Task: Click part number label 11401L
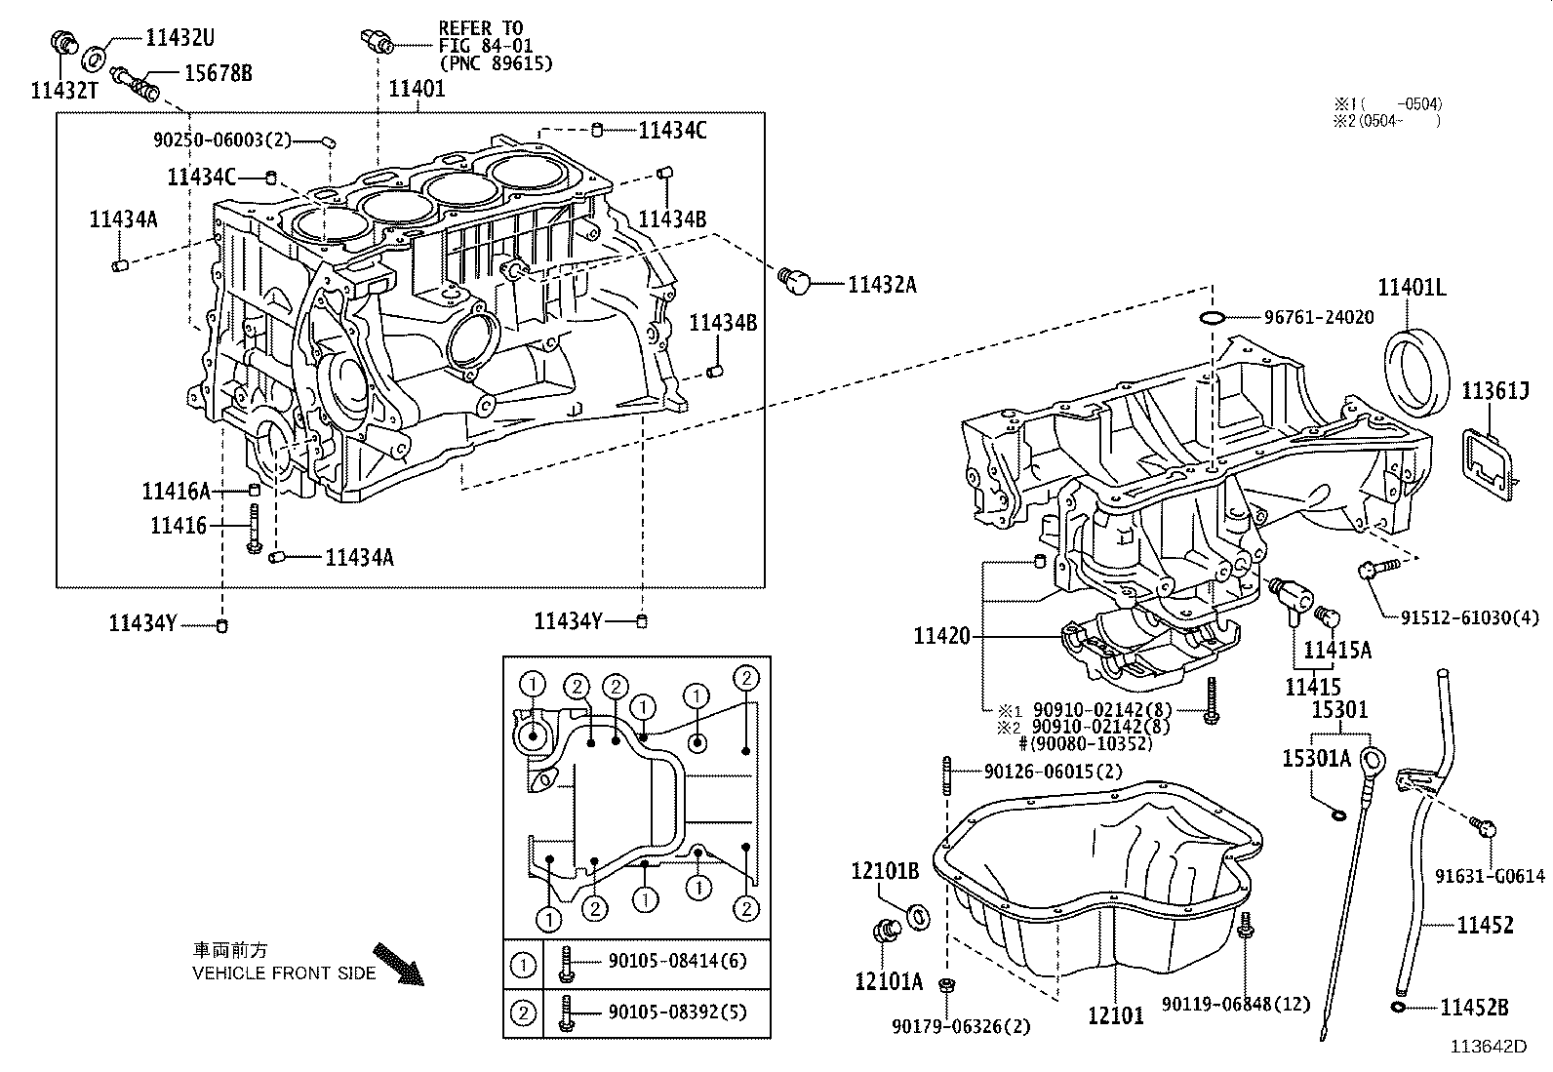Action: (1412, 287)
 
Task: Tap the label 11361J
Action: (1494, 391)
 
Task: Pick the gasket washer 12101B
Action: (919, 917)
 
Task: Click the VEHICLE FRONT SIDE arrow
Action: (398, 963)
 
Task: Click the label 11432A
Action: (882, 285)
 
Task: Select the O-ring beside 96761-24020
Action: (1211, 318)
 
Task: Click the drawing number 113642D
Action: (1488, 1047)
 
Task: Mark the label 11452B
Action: (1474, 1008)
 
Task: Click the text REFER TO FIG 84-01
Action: (480, 37)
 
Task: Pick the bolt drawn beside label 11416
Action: (254, 529)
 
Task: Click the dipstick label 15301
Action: (1338, 710)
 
